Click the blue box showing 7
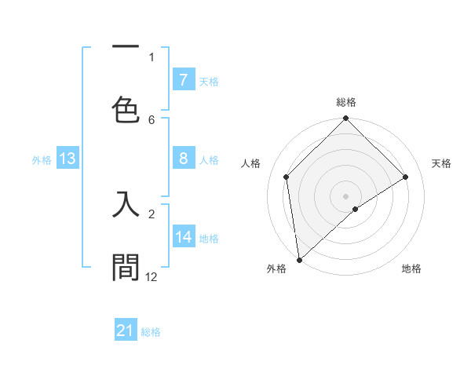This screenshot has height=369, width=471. [183, 79]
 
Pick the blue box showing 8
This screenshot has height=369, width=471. [183, 159]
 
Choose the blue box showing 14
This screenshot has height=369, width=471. [183, 237]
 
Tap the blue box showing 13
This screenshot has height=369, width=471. [67, 159]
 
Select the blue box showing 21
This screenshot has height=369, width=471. [126, 331]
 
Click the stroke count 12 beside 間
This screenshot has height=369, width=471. [152, 276]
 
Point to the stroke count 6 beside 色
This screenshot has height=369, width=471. [152, 119]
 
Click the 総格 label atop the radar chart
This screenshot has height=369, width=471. [346, 102]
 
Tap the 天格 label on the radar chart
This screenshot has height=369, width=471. [442, 163]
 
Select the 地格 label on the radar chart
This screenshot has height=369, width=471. [411, 269]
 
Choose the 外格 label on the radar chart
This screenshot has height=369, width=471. [276, 269]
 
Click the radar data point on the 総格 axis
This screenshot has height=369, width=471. [346, 119]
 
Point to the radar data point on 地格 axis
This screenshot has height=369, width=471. [356, 209]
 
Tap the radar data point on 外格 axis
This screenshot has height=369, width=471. [299, 259]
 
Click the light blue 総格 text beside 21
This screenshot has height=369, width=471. [151, 332]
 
